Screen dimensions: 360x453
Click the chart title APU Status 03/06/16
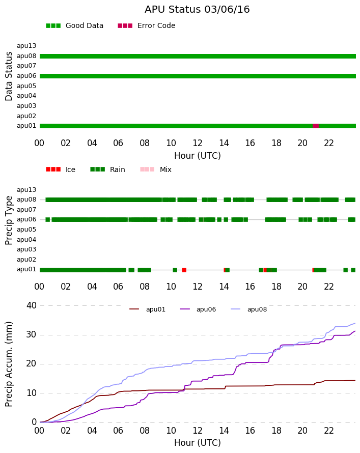click(x=197, y=10)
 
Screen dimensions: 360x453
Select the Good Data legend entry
click(x=74, y=26)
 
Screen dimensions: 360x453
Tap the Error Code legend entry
click(x=147, y=26)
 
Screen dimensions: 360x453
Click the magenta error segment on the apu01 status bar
click(x=316, y=126)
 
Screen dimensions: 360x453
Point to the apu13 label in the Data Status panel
click(x=26, y=46)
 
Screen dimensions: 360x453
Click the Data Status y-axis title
click(x=9, y=76)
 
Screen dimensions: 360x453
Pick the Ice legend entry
click(x=61, y=169)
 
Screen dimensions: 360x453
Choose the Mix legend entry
click(x=156, y=169)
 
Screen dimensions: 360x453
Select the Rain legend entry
click(x=107, y=169)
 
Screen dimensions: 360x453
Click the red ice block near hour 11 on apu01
click(x=184, y=270)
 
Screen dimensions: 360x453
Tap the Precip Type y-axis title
click(x=9, y=220)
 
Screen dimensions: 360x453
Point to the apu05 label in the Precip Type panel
click(x=26, y=230)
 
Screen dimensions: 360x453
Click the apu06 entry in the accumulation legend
click(x=198, y=309)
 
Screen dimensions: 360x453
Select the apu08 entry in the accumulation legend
click(x=249, y=309)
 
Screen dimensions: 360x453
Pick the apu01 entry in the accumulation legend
click(x=147, y=309)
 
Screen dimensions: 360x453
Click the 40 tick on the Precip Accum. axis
click(x=32, y=305)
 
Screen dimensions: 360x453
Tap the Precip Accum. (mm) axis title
click(x=9, y=364)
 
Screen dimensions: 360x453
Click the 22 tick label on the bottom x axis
click(x=329, y=431)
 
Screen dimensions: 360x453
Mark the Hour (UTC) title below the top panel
click(x=198, y=156)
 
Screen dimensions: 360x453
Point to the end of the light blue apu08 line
click(x=355, y=323)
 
